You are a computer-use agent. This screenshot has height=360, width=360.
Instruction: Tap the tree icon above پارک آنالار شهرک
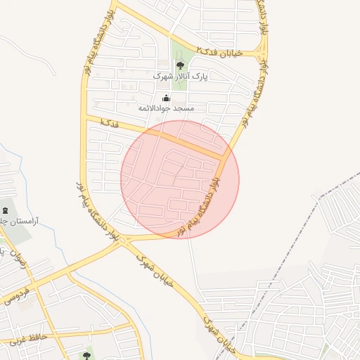pyautogui.click(x=179, y=64)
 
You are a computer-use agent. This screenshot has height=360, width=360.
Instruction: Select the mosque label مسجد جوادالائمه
pyautogui.click(x=165, y=109)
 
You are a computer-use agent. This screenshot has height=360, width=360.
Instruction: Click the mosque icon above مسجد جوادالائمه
pyautogui.click(x=166, y=98)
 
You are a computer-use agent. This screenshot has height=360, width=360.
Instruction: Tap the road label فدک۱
pyautogui.click(x=110, y=124)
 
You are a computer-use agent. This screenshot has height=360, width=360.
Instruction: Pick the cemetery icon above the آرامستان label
pyautogui.click(x=6, y=211)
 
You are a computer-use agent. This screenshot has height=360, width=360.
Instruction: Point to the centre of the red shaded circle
pyautogui.click(x=180, y=179)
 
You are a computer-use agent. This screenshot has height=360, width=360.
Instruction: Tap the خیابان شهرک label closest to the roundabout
pyautogui.click(x=144, y=266)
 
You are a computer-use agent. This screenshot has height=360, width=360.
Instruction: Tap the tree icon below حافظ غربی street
pyautogui.click(x=86, y=356)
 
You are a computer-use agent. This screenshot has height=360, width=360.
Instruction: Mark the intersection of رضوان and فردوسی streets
pyautogui.click(x=36, y=285)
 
